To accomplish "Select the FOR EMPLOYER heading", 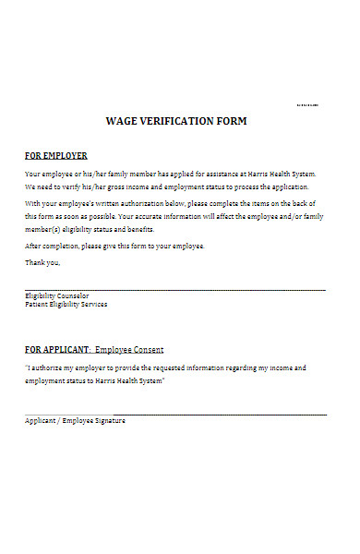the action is tap(55, 156).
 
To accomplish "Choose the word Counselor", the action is tap(72, 296).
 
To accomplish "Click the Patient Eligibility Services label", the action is tap(66, 304).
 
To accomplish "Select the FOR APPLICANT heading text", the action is tap(57, 350).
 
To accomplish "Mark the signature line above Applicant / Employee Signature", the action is tap(175, 415).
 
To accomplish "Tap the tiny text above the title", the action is tap(307, 105).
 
